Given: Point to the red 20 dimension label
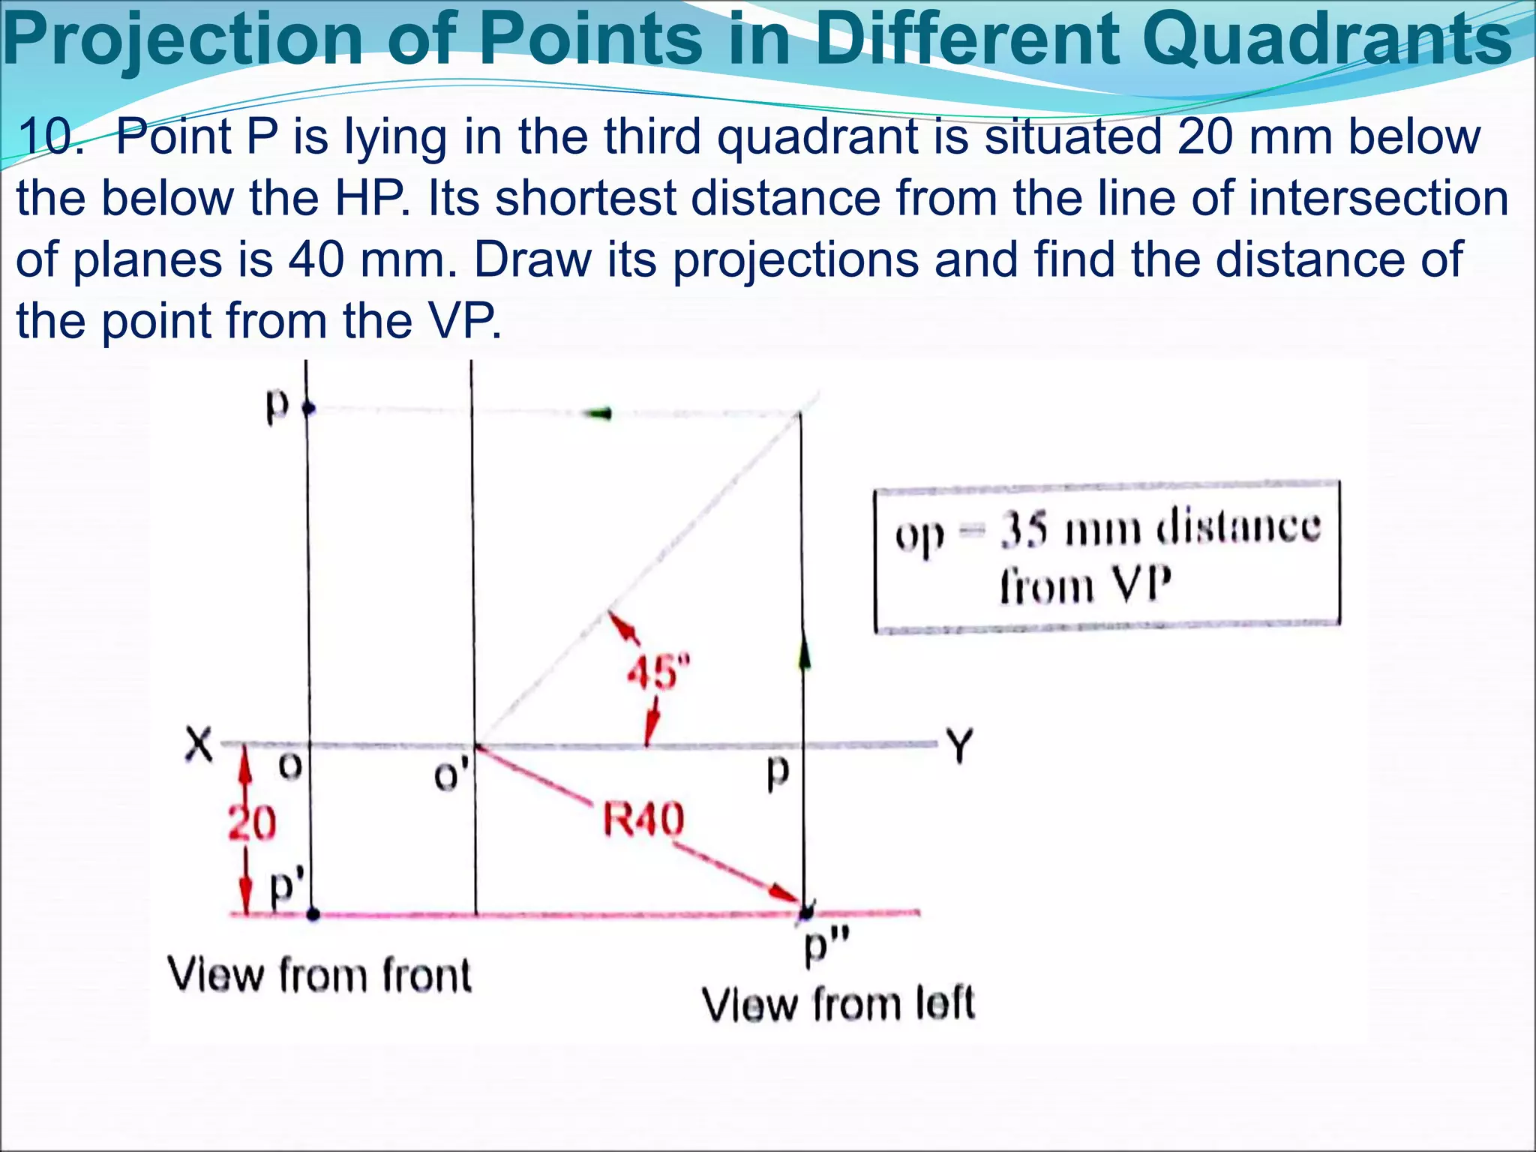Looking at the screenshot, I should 252,823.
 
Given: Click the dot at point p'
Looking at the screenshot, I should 313,913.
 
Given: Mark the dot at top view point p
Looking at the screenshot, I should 307,409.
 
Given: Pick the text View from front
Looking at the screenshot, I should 319,975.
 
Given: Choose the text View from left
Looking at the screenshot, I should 838,1004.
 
